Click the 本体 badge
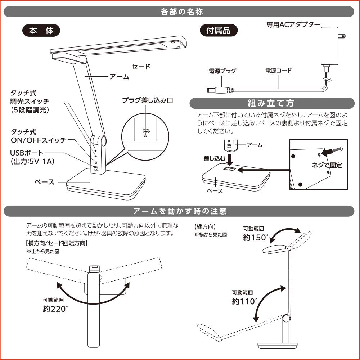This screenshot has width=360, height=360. pos(41,31)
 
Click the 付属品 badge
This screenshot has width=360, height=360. pos(219,31)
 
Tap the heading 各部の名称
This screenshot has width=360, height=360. pos(182,12)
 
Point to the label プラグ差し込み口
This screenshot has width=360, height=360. pos(147,101)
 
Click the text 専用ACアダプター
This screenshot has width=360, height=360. pos(293,25)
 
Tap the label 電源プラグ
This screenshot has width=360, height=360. pos(222,71)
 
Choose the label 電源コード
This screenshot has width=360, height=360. pos(278,71)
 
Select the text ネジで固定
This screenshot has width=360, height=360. pos(327,165)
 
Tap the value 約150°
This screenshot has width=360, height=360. pos(256,238)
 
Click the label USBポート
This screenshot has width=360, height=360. pos(27,153)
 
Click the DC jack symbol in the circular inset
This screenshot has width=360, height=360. pos(145,132)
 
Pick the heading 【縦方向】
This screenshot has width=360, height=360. pos(205,227)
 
